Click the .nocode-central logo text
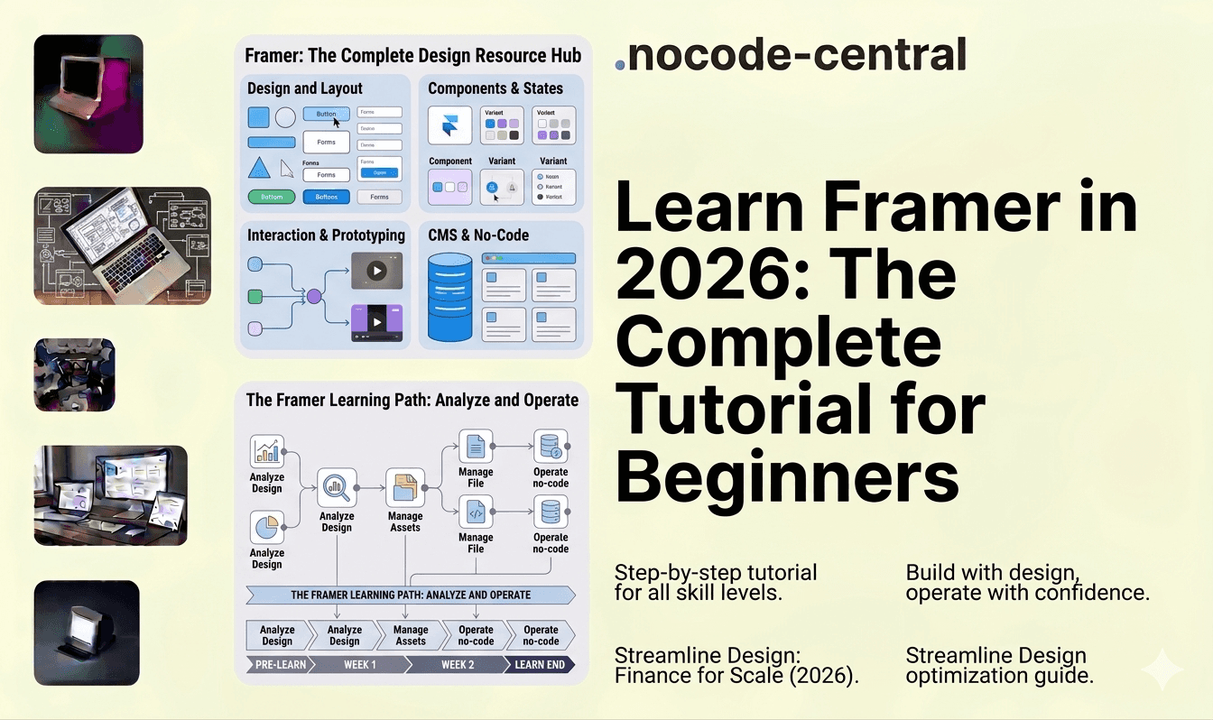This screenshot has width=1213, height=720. coord(791,56)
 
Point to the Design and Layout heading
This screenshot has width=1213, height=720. coord(305,88)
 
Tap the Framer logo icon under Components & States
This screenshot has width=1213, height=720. coord(449,125)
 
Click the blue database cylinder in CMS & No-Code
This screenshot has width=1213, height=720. coord(449,298)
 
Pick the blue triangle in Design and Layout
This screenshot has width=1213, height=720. coord(258,167)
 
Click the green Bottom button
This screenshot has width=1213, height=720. coord(271,197)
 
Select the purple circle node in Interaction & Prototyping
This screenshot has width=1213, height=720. coord(314,296)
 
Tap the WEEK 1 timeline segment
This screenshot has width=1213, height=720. coord(360,665)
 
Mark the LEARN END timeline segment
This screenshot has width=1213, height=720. coord(539,665)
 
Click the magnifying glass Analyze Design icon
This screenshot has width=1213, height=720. coord(336,488)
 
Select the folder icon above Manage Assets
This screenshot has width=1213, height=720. coord(405,488)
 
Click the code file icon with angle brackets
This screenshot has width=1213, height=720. coord(475,512)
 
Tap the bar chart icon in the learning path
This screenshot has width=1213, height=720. coord(266,451)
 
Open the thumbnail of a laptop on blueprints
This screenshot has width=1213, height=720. coord(122,245)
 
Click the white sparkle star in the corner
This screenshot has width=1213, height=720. coord(1162,669)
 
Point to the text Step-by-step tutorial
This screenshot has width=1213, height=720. coord(715,572)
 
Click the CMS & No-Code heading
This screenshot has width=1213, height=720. coord(478,235)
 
